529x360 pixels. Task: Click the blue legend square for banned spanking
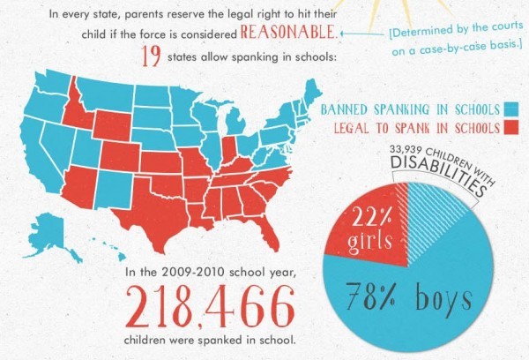(x=513, y=109)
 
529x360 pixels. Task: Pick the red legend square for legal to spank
(x=513, y=129)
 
